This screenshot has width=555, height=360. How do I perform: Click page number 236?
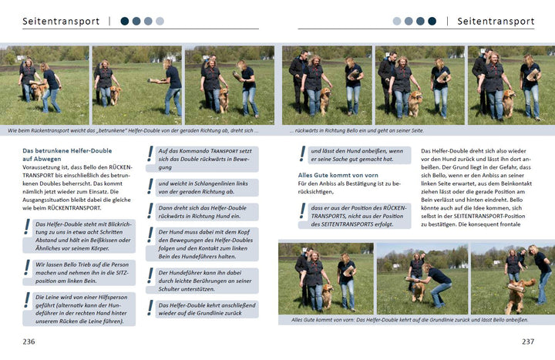(29, 341)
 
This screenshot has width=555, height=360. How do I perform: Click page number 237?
(528, 341)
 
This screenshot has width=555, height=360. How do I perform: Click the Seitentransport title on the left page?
(61, 22)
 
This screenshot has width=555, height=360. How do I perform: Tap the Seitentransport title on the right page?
(496, 22)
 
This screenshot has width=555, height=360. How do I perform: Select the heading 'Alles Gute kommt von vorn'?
(338, 175)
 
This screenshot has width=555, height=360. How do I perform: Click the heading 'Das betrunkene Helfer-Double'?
(67, 151)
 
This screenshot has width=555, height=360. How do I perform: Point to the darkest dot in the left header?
(125, 22)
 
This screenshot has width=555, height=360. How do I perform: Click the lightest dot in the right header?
(397, 22)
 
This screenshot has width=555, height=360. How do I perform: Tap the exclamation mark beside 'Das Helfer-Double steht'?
(27, 227)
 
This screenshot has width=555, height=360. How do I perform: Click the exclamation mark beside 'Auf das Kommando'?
(150, 154)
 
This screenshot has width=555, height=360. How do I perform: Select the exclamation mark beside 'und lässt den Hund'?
(303, 154)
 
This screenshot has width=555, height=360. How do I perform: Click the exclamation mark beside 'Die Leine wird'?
(27, 300)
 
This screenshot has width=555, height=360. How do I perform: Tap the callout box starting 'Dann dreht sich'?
(207, 212)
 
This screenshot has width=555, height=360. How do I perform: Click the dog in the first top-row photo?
(39, 90)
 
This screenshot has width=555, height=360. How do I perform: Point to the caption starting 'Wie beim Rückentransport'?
(133, 130)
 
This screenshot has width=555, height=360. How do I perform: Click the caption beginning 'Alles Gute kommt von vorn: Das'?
(409, 320)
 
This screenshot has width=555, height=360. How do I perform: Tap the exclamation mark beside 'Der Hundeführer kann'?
(150, 276)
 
